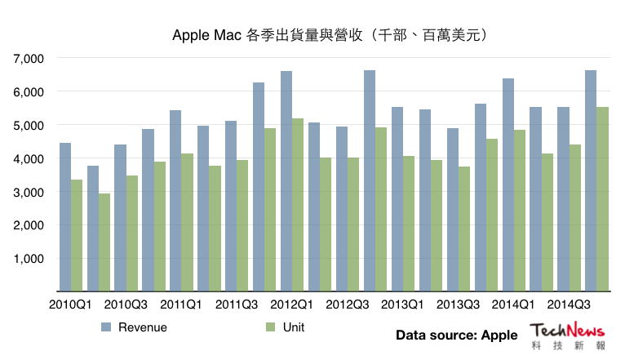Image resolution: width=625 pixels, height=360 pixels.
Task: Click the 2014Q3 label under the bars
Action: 569,304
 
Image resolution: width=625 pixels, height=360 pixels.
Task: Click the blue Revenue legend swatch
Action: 105,327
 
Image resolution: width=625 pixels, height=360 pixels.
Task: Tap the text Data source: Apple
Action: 456,335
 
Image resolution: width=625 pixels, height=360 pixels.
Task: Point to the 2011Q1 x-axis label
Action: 182,304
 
